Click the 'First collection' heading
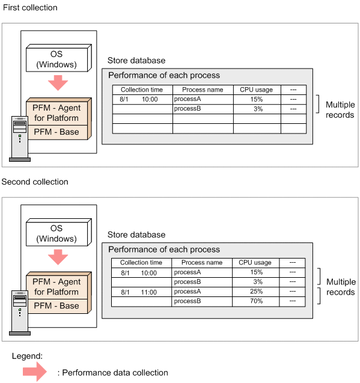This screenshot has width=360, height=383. pos(30,8)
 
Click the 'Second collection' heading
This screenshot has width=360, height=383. pos(35,182)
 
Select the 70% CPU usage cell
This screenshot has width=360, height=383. pos(255,301)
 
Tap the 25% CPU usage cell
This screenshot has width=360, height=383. pos(255,292)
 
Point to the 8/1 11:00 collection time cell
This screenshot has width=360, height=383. pos(141,292)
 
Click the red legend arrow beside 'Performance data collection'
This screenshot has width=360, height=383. pos(34,372)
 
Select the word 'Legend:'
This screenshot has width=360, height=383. pos(27,356)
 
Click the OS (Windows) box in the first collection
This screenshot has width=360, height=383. pos(59,58)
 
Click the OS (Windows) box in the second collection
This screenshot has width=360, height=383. pos(59,232)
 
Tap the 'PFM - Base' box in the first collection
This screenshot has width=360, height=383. pos(58,132)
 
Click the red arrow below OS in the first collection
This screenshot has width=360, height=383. pos(58,83)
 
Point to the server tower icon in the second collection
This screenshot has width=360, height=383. pos(20,313)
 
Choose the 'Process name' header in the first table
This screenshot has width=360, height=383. pos(203,90)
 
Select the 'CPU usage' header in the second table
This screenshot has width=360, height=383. pos(255,263)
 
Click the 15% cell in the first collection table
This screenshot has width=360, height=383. pos(257,99)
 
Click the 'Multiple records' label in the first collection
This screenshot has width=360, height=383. pos(340,109)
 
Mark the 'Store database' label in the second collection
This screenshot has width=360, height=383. pos(136,234)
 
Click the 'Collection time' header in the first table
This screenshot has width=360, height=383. pos(142,90)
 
